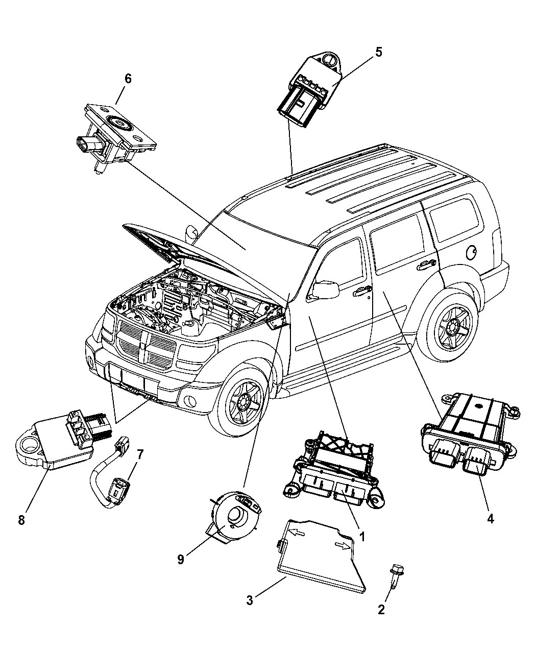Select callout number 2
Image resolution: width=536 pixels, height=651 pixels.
click(x=381, y=609)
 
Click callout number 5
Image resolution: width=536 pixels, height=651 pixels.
click(x=378, y=52)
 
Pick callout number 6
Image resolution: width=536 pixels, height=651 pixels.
click(x=128, y=78)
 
